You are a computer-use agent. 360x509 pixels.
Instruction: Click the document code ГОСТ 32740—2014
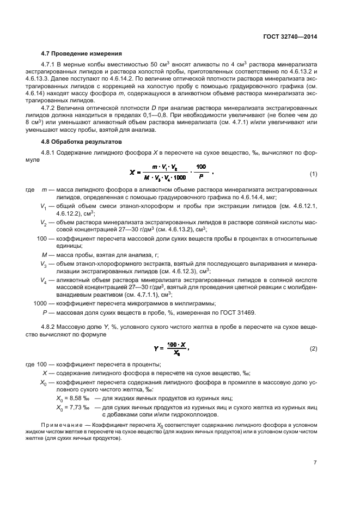coord(291,37)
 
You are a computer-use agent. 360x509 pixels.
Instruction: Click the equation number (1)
coord(313,174)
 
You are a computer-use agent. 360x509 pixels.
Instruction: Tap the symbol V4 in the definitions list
coord(44,280)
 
